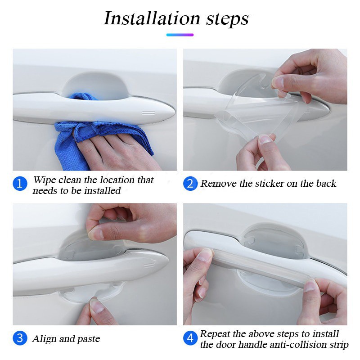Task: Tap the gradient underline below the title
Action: point(180,35)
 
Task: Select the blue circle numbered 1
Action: point(20,184)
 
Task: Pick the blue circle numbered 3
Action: point(20,338)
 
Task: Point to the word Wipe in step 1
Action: point(45,180)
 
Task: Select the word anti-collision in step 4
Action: point(286,345)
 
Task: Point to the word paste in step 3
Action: point(88,339)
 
